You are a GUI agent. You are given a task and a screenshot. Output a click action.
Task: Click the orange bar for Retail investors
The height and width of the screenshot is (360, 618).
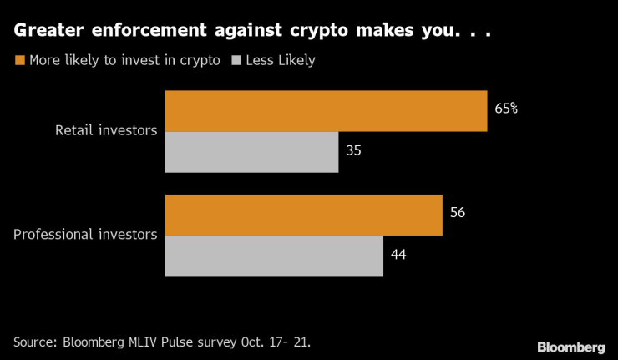326,111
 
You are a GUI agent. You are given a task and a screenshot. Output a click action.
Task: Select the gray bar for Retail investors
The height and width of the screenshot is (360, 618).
251,152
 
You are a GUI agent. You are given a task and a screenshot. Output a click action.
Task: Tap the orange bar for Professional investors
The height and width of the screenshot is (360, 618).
303,215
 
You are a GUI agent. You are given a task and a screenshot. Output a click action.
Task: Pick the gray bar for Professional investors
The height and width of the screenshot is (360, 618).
274,256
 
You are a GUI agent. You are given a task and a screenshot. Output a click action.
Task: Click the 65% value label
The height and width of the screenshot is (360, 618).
506,109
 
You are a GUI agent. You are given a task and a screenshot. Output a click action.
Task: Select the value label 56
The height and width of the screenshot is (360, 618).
457,213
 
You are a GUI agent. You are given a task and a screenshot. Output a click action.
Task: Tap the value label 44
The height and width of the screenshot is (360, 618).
398,255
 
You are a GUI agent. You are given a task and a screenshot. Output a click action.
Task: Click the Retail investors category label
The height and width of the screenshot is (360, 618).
106,131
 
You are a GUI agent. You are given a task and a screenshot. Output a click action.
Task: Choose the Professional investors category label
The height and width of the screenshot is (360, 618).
85,235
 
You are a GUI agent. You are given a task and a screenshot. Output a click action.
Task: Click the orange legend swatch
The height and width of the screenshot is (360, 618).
19,60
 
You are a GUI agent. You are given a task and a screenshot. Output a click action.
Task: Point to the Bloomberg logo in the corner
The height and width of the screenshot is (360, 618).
571,346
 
